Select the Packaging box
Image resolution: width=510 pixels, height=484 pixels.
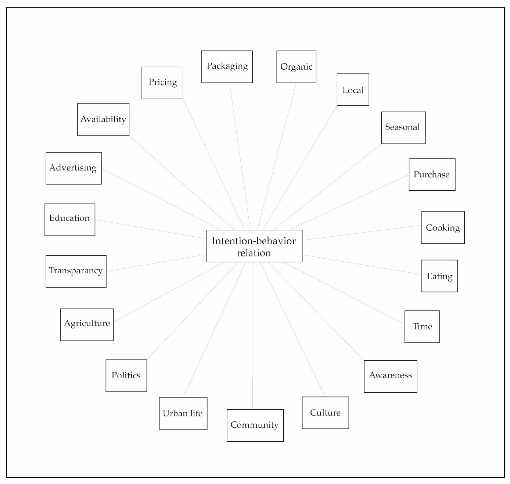[x=227, y=67]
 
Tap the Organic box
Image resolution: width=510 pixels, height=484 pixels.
[x=296, y=67]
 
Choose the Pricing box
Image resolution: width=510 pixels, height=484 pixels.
[x=162, y=83]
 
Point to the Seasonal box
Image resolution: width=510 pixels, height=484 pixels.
[x=403, y=127]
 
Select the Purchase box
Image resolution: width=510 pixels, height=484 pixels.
[x=432, y=175]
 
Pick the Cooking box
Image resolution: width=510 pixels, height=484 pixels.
[x=443, y=228]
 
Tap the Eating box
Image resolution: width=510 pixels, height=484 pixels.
[x=439, y=276]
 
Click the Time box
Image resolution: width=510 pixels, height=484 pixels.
[x=422, y=326]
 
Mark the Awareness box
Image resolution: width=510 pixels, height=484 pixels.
[x=390, y=376]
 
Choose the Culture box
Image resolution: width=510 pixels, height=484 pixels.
[x=325, y=413]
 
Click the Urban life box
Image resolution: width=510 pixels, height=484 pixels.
[x=183, y=413]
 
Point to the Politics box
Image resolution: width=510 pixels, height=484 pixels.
[x=126, y=375]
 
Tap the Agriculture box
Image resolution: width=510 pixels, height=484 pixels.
[x=87, y=325]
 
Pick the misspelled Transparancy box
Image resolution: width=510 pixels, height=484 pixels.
[x=76, y=271]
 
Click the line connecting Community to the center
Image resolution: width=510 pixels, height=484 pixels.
[x=253, y=335]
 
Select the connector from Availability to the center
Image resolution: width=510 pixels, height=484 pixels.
[x=181, y=182]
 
